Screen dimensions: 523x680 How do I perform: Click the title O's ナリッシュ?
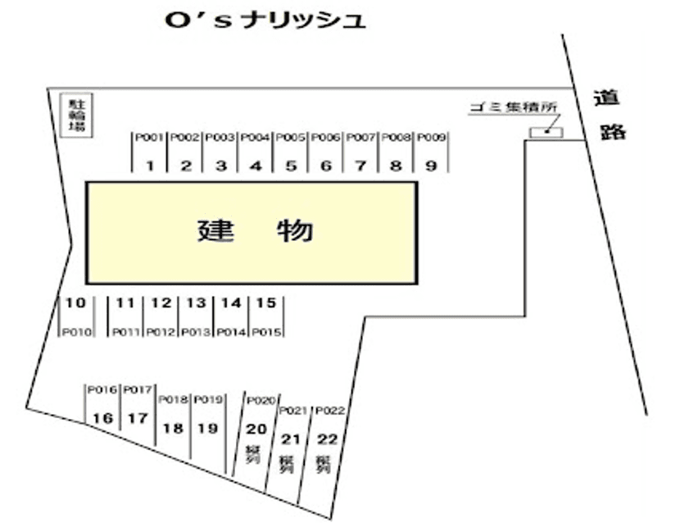pos(264,20)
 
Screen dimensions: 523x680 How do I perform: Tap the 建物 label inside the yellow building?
pos(255,231)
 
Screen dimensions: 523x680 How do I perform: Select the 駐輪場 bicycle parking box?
pos(78,115)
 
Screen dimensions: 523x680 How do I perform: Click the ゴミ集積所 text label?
pos(514,107)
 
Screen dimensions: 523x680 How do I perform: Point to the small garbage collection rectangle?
pos(546,132)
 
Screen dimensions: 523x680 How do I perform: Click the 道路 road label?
pos(610,115)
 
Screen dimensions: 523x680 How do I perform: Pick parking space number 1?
pos(151,166)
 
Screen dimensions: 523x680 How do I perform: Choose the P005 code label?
pos(291,138)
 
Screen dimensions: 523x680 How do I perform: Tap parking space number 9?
pos(430,166)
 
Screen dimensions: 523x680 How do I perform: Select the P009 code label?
pos(431,138)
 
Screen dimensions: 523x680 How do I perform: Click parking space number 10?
pos(75,303)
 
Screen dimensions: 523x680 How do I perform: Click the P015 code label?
pos(266,332)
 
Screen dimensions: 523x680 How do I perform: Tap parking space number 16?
pos(102,418)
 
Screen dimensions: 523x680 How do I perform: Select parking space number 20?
pos(256,428)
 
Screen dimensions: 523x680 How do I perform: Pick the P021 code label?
pos(293,410)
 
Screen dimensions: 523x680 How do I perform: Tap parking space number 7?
pos(360,166)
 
